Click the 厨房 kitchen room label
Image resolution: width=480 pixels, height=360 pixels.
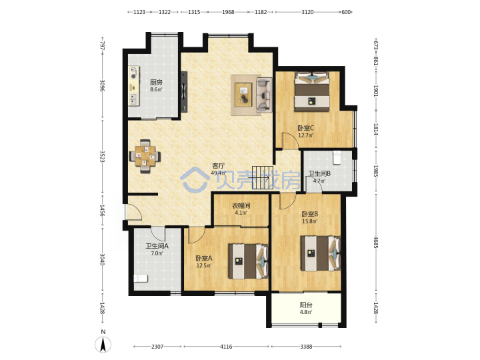coord(156,82)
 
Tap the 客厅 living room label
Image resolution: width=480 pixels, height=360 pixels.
coord(219,166)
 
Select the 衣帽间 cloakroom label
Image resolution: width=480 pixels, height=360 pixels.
coord(241,205)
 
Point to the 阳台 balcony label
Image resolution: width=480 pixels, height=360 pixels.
coord(306,305)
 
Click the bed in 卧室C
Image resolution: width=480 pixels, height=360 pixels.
coord(312,91)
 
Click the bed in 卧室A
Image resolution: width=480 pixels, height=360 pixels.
coord(248,261)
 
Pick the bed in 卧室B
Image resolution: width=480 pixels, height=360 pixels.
coord(321,253)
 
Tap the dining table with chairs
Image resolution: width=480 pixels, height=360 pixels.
coord(145,156)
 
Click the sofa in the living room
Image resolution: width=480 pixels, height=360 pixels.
coord(264,95)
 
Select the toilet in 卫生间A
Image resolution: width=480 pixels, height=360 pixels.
coord(141,279)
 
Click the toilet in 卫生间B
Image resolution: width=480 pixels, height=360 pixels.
coord(337,157)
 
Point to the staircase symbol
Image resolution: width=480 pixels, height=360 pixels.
coord(263,178)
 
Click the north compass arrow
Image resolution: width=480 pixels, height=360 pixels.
coord(103,345)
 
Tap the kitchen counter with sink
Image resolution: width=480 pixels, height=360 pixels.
coord(134,86)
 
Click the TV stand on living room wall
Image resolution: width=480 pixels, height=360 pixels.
coord(184,92)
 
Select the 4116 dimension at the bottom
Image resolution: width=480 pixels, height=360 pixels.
coord(226,347)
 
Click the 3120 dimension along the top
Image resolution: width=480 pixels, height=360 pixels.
coord(307,12)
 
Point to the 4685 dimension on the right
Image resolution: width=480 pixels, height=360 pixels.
coord(375,242)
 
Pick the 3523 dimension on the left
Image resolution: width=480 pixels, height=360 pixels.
coord(103,157)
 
